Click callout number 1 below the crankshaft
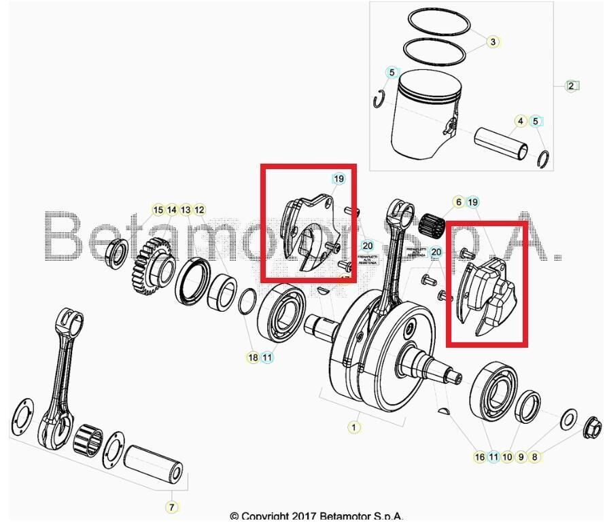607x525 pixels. click(x=353, y=427)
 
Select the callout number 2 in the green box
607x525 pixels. click(x=572, y=86)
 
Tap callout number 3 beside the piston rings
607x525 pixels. click(x=493, y=41)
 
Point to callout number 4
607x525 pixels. click(x=520, y=122)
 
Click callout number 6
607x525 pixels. click(x=458, y=202)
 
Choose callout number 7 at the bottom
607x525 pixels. click(x=171, y=507)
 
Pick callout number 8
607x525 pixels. click(x=535, y=457)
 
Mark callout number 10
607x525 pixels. click(x=507, y=457)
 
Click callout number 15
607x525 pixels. click(x=158, y=210)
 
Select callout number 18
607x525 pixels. click(x=253, y=357)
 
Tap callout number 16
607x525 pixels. click(x=480, y=457)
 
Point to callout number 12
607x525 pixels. click(x=199, y=210)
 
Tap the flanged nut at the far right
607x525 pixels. click(x=591, y=428)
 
